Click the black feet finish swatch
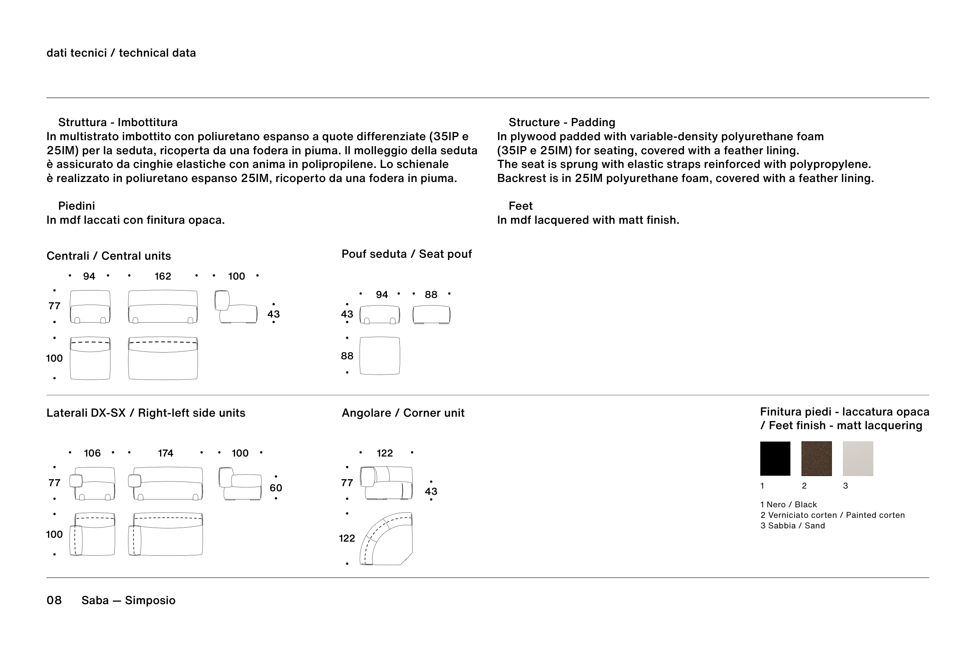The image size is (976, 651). click(775, 458)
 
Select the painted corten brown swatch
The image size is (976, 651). click(816, 458)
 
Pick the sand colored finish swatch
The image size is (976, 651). click(858, 458)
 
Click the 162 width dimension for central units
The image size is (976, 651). click(163, 276)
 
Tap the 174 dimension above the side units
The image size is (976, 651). click(165, 453)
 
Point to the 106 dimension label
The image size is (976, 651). click(92, 453)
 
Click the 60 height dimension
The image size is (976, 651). click(276, 487)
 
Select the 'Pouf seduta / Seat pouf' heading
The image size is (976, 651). click(406, 254)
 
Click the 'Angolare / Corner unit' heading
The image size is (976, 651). click(403, 413)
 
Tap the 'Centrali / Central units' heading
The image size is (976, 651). click(109, 256)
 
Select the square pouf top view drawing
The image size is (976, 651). click(380, 356)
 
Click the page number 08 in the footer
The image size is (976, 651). click(54, 600)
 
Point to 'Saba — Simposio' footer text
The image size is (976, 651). click(128, 600)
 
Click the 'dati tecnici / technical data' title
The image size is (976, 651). click(121, 53)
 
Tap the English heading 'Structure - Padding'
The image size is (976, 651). click(562, 123)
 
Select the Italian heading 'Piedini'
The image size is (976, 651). click(77, 206)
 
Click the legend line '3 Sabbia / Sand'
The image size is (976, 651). click(793, 526)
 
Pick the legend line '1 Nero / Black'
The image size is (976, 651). click(789, 505)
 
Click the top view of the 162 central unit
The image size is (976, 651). click(163, 358)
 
